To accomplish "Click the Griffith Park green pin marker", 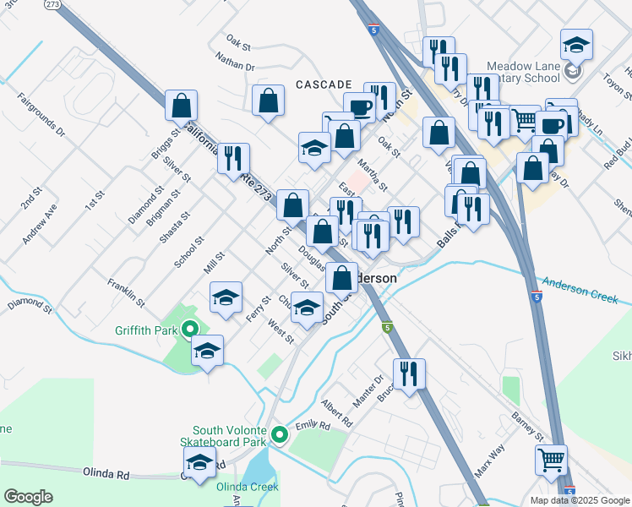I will (x=190, y=330).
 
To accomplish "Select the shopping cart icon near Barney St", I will (x=551, y=461).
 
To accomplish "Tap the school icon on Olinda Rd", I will (x=199, y=463).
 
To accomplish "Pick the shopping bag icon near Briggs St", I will (x=181, y=106).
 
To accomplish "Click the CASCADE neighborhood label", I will (x=324, y=84).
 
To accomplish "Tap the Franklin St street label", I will (x=124, y=291).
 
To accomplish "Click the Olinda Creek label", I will (x=248, y=487).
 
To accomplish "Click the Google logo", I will (x=28, y=498).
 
